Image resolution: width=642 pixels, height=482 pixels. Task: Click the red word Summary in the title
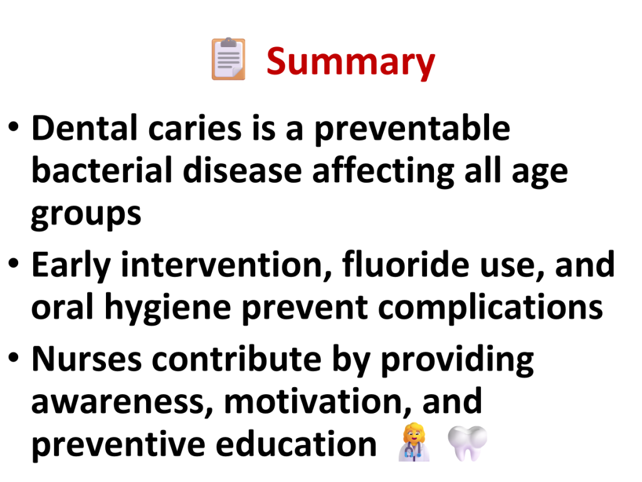coord(350,62)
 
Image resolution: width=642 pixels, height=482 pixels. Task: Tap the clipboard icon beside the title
coord(228,58)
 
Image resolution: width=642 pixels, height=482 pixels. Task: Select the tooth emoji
coord(467,443)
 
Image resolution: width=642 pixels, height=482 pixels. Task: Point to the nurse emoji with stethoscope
coord(414,442)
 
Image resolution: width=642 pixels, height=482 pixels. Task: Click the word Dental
coord(85,128)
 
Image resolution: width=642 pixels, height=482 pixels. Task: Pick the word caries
coord(194,129)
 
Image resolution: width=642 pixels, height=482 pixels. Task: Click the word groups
coord(86,215)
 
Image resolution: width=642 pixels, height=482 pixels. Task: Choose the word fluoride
coord(406,264)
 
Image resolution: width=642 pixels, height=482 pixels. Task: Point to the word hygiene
coord(168,308)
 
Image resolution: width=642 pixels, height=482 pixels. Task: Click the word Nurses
coord(87,359)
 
